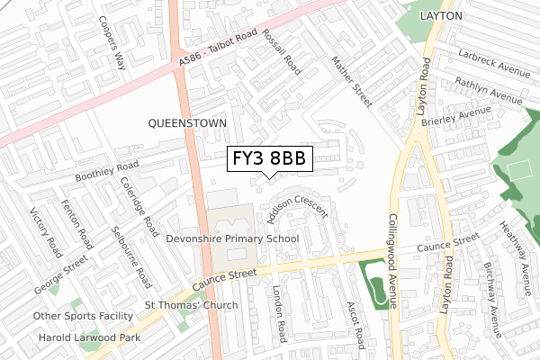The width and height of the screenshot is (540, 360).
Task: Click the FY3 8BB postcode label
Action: point(268,158)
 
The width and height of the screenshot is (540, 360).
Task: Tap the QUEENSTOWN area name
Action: point(189,121)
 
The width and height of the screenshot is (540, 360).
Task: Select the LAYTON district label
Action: point(440,16)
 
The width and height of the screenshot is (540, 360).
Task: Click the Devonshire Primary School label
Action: point(232,239)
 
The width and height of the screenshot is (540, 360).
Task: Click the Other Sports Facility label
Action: point(83,316)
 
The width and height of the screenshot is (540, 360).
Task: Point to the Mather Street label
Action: point(351,81)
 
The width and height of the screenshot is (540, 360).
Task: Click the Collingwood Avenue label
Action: point(393,261)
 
